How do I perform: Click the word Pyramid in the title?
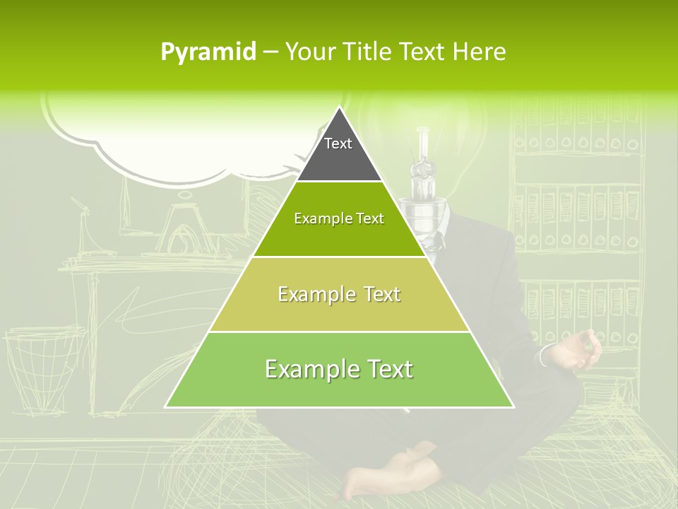(208, 52)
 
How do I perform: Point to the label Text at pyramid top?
(338, 144)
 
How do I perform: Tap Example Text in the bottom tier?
(339, 369)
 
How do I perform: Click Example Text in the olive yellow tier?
(339, 294)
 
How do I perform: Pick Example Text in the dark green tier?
(339, 218)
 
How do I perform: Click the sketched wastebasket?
(42, 364)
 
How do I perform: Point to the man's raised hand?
(579, 350)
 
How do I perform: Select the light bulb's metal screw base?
(424, 212)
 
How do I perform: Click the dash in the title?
(270, 52)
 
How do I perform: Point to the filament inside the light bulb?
(424, 170)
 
